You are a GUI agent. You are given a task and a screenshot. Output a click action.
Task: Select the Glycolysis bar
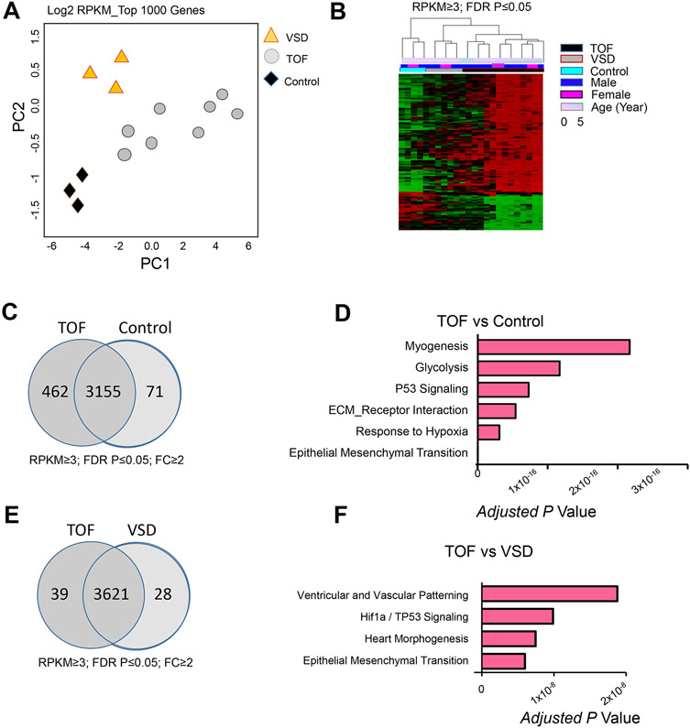pos(519,368)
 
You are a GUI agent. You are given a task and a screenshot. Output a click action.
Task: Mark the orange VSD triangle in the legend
pos(271,36)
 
